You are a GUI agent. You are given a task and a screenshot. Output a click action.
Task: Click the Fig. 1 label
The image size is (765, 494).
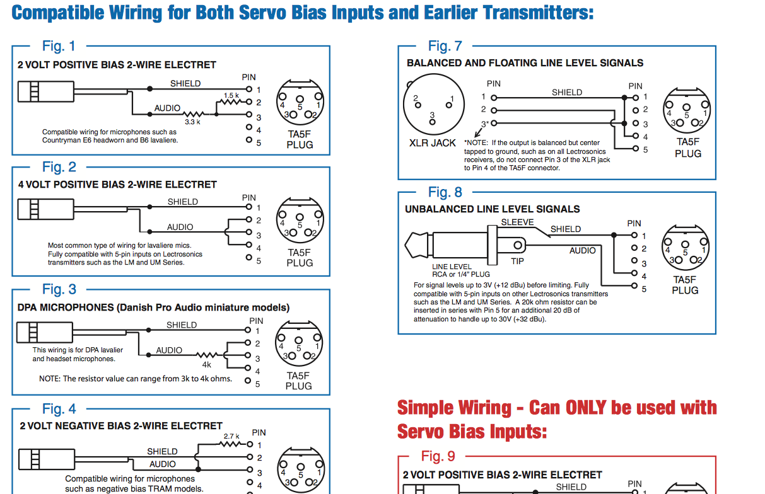click(x=59, y=46)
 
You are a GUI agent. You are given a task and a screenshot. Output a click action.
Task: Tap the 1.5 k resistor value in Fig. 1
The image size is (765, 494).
click(x=231, y=95)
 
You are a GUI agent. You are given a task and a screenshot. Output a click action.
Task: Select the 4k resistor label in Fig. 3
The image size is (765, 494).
click(x=207, y=364)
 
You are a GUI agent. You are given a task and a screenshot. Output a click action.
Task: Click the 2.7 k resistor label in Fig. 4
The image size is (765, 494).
click(x=232, y=436)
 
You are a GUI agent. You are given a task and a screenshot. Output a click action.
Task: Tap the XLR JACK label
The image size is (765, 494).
click(x=433, y=143)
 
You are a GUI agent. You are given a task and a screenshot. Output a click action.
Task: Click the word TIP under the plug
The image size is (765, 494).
click(x=517, y=260)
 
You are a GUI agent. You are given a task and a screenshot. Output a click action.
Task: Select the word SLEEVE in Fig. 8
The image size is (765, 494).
click(x=517, y=222)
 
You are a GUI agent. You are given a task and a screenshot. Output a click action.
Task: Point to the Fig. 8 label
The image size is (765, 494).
click(x=445, y=192)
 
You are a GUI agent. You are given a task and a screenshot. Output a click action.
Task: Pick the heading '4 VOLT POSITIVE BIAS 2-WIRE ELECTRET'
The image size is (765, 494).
click(x=117, y=185)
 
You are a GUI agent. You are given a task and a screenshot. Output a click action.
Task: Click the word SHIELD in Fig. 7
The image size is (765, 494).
click(x=567, y=93)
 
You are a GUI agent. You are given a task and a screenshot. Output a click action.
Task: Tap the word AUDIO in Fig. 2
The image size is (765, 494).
click(x=180, y=227)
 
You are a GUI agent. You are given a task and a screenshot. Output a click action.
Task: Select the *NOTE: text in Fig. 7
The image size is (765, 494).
click(x=477, y=143)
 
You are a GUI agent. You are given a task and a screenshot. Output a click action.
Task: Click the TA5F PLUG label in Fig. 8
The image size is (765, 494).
click(x=684, y=285)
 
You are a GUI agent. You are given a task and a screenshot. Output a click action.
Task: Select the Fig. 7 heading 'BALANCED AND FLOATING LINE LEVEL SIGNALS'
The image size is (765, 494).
click(x=525, y=63)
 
